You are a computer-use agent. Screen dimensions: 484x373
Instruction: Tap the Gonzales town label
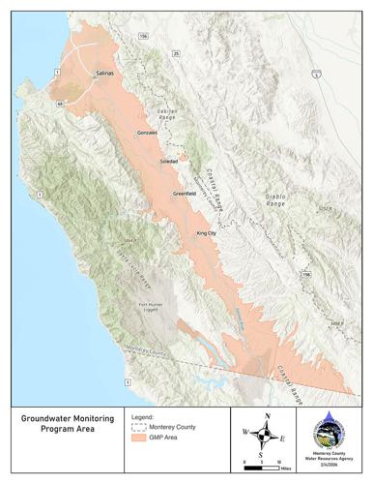point(148,132)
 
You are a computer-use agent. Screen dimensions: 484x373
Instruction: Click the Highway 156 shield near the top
point(144,36)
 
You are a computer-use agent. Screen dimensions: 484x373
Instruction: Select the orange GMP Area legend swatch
point(139,438)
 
